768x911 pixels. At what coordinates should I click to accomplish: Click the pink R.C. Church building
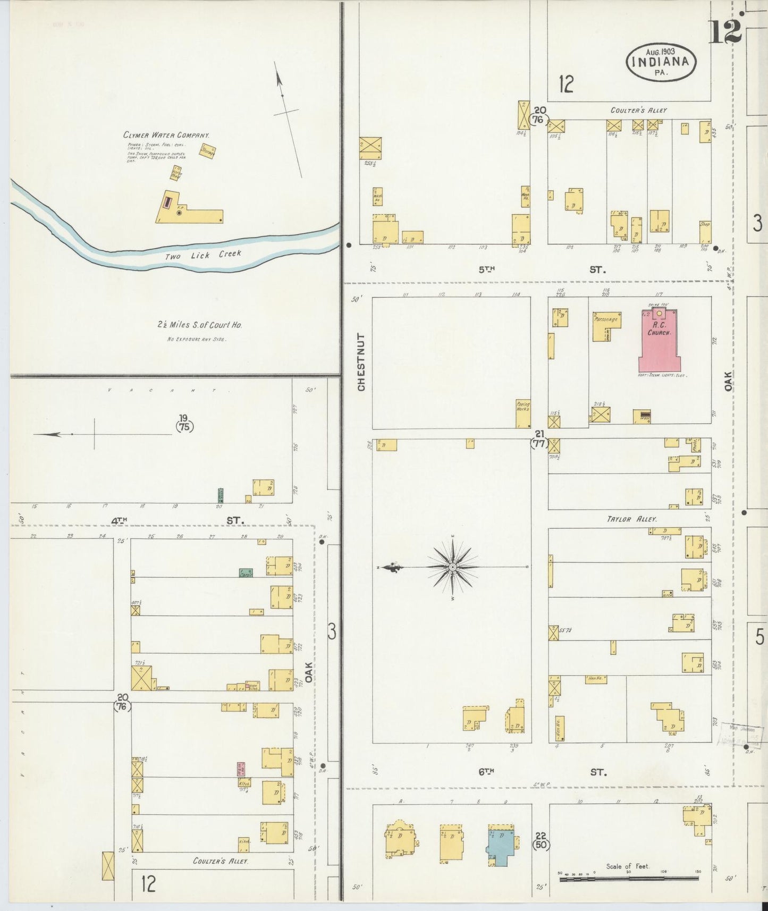pyautogui.click(x=660, y=343)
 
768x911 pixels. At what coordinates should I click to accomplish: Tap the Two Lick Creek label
pyautogui.click(x=202, y=255)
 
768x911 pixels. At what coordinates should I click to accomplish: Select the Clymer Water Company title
pyautogui.click(x=166, y=135)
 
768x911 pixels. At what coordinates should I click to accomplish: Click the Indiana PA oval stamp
pyautogui.click(x=668, y=62)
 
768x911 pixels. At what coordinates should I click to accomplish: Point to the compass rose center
pyautogui.click(x=452, y=567)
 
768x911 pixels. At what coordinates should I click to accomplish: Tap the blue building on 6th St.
pyautogui.click(x=499, y=847)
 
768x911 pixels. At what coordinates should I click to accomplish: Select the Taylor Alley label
pyautogui.click(x=632, y=519)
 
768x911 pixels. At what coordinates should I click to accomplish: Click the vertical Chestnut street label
pyautogui.click(x=361, y=362)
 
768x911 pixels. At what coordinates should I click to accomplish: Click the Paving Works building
pyautogui.click(x=523, y=414)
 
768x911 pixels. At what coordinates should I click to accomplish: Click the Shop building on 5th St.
pyautogui.click(x=705, y=232)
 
